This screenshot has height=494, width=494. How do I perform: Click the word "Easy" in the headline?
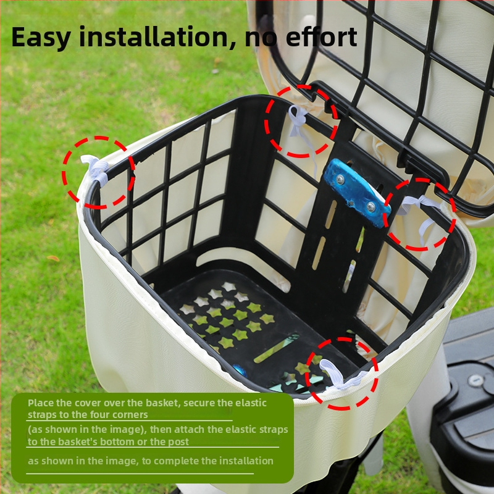(x=41, y=37)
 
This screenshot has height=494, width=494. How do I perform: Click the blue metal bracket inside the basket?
(x=357, y=192)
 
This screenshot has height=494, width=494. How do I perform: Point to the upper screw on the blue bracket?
(x=340, y=179)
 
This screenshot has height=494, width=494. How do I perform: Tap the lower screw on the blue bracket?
(x=371, y=207)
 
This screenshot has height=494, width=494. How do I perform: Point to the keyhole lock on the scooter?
(x=475, y=380)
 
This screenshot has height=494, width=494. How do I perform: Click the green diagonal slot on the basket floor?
(x=276, y=348)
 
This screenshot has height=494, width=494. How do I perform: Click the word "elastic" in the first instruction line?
(x=251, y=403)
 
